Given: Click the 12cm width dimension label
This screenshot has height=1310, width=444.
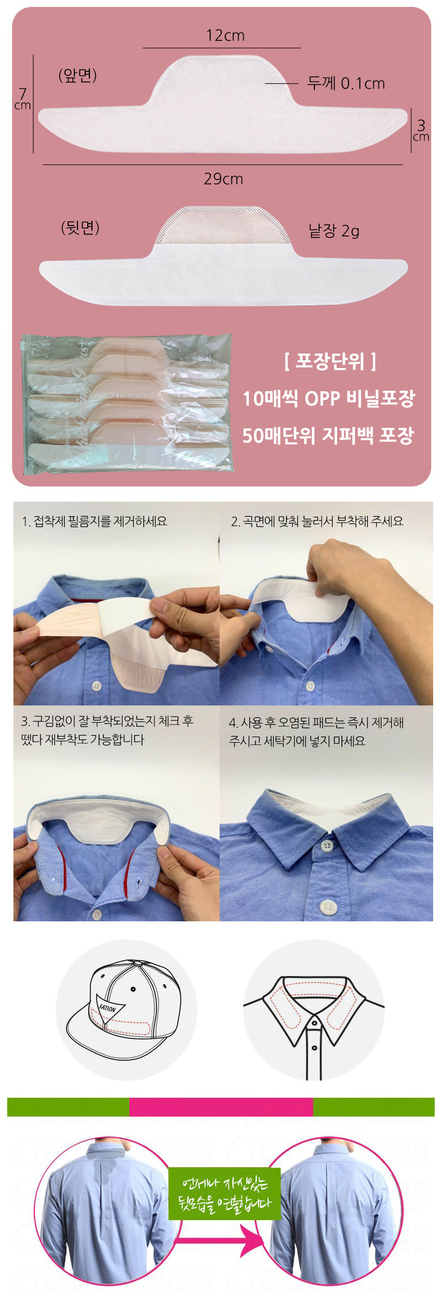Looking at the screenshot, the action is pyautogui.click(x=225, y=36).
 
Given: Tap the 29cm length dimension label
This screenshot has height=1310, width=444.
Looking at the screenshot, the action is pyautogui.click(x=223, y=179).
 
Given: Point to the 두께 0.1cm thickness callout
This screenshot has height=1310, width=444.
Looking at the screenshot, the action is pyautogui.click(x=346, y=83).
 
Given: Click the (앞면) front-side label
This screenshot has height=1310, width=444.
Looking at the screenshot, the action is pyautogui.click(x=77, y=75).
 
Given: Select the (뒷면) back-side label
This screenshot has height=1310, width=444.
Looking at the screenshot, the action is pyautogui.click(x=80, y=227).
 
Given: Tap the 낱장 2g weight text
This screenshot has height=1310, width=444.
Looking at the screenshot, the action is pyautogui.click(x=334, y=231).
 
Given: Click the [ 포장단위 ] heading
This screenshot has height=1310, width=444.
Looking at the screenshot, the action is pyautogui.click(x=330, y=361).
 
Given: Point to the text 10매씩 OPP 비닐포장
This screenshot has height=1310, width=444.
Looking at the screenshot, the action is pyautogui.click(x=329, y=398).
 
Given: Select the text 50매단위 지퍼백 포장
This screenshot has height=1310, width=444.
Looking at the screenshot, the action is pyautogui.click(x=328, y=436).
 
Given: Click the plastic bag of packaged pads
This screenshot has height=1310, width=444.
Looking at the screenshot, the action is pyautogui.click(x=127, y=404).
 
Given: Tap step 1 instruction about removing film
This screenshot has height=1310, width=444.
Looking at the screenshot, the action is pyautogui.click(x=94, y=521).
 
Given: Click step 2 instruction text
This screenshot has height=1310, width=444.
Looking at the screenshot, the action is pyautogui.click(x=317, y=521).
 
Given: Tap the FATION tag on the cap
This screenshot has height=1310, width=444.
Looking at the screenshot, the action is pyautogui.click(x=107, y=1008).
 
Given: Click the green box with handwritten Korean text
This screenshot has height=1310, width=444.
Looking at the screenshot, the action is pyautogui.click(x=225, y=1193).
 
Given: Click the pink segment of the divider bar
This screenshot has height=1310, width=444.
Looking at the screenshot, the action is pyautogui.click(x=221, y=1107).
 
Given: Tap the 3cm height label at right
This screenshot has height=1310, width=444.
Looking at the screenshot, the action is pyautogui.click(x=421, y=130).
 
